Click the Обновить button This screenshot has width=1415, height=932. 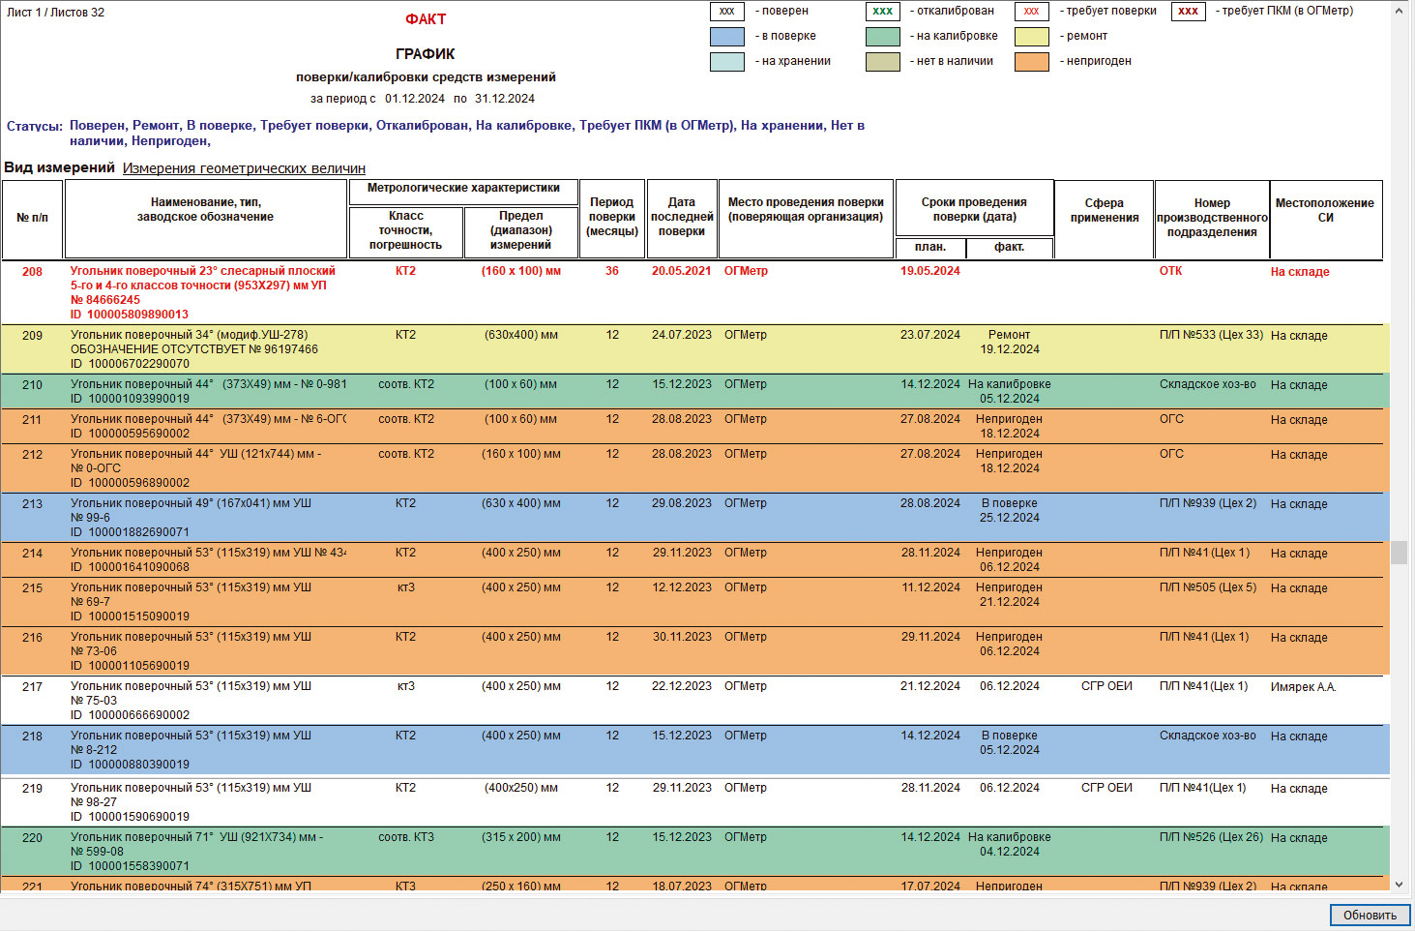pos(1370,915)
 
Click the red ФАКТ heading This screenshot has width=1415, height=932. pos(426,19)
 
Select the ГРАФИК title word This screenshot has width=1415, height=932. pos(425,54)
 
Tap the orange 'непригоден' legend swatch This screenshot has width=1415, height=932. pos(1031,61)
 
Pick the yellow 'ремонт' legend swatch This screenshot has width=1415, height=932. pos(1031,36)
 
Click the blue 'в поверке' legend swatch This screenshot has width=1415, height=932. pos(726,36)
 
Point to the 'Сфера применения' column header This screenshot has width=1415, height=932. pos(1104,210)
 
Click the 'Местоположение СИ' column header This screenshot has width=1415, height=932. pos(1324,210)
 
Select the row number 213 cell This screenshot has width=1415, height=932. pos(32,504)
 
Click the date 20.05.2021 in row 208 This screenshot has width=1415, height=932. pos(681,271)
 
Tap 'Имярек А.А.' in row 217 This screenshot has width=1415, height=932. pos(1303,687)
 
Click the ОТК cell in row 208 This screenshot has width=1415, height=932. pos(1170,271)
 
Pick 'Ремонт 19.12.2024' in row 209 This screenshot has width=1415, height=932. pos(1009,343)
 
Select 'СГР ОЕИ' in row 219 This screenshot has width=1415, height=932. pos(1106,788)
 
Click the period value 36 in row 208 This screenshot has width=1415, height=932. pos(612,271)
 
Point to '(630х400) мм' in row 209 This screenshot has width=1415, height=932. pos(520,336)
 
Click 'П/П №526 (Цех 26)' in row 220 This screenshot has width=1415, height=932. pos(1211,837)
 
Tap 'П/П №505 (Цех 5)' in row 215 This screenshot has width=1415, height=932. pos(1208,587)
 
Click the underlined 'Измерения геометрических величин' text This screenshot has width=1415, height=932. pos(244,168)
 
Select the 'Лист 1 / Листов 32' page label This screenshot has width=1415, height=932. pos(56,13)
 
